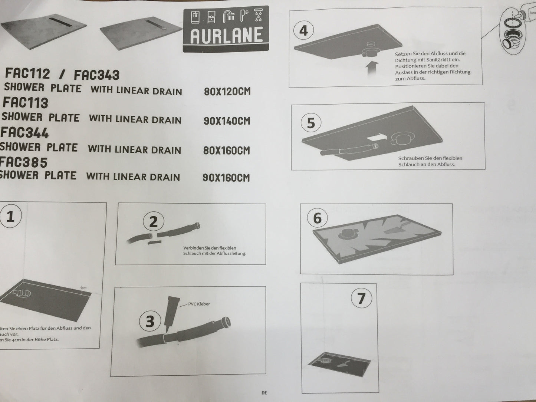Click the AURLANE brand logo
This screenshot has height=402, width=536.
(226, 29)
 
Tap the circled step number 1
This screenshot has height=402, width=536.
(10, 216)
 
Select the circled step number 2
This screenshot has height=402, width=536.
(153, 222)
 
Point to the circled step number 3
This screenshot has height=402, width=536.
(150, 321)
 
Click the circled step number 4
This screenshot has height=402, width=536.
(303, 30)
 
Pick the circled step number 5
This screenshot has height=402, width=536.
(311, 123)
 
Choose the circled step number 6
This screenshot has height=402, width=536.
(318, 218)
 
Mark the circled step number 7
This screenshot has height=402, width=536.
(361, 298)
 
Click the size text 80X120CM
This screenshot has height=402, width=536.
(227, 92)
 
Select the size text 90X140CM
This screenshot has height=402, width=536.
(227, 121)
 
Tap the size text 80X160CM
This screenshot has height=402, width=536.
(226, 151)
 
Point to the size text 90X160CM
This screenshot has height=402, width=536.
(226, 178)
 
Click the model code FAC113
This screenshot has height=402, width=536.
(26, 103)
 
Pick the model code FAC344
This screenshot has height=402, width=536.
(24, 133)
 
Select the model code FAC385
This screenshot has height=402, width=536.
(24, 162)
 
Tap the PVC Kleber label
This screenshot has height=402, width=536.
(199, 304)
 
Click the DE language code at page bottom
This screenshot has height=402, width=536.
(264, 393)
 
